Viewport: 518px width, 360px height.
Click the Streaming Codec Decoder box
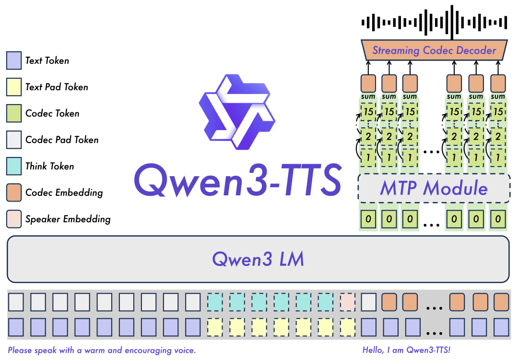(x=434, y=50)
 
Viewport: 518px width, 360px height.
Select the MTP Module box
(x=434, y=188)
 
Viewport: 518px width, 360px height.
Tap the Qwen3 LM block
(x=258, y=259)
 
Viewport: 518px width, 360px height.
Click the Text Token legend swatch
(x=13, y=60)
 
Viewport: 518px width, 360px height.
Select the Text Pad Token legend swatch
(x=13, y=87)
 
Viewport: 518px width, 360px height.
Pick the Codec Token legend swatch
(x=13, y=113)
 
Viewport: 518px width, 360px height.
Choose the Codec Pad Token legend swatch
(x=13, y=140)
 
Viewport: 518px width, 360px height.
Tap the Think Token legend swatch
(x=13, y=166)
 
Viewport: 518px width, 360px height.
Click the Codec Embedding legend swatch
(x=13, y=192)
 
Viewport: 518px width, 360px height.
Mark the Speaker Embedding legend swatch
(x=13, y=219)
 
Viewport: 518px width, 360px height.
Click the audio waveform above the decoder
(x=434, y=22)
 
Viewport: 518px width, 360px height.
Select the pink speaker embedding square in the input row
(x=347, y=302)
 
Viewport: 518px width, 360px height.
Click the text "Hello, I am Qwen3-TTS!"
(x=407, y=350)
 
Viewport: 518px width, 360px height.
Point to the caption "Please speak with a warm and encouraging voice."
(x=102, y=350)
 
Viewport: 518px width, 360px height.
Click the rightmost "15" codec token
(x=498, y=111)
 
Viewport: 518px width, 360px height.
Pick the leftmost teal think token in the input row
(x=215, y=302)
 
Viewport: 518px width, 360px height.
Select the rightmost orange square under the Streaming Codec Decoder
(x=498, y=83)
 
